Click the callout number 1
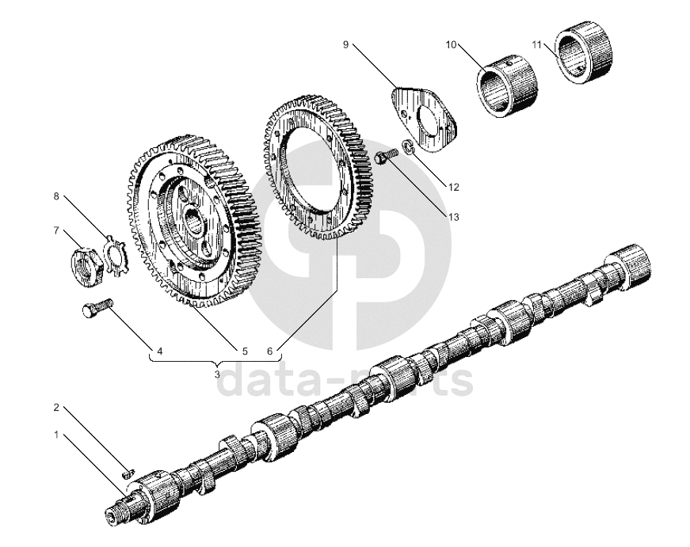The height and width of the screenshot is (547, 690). coord(56,435)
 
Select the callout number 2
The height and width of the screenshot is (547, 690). coord(56,408)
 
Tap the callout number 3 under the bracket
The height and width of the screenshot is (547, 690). coord(217,372)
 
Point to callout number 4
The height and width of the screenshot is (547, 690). coord(160,350)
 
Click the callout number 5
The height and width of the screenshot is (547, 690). coord(245,350)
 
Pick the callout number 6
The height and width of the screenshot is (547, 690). coord(270,350)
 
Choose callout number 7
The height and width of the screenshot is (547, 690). coord(56,230)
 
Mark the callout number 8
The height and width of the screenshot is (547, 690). coord(56,196)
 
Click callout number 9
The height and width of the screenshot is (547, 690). coord(345,44)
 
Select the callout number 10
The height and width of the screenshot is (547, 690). coord(451,44)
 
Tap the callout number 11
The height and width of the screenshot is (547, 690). coord(537,44)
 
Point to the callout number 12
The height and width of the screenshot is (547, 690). coord(453,188)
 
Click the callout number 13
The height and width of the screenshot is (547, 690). coord(453,216)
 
